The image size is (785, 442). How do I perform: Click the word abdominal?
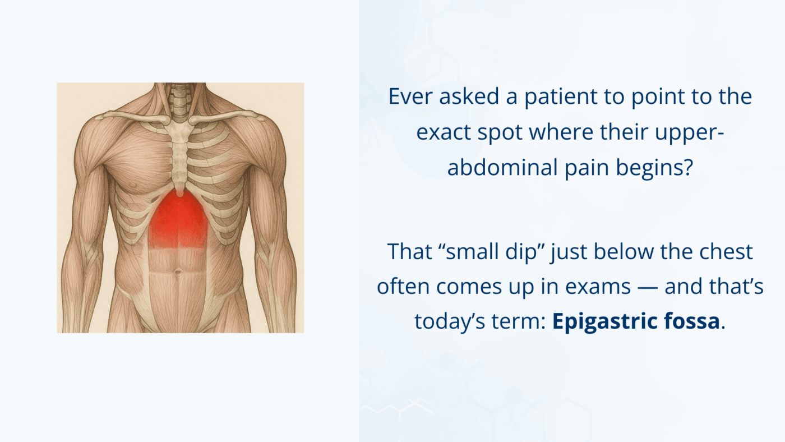(x=502, y=167)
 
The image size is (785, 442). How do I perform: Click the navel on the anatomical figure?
(x=178, y=272)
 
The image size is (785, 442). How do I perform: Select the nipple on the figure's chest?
(x=132, y=185)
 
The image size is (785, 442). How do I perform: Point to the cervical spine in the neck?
(x=180, y=102)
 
